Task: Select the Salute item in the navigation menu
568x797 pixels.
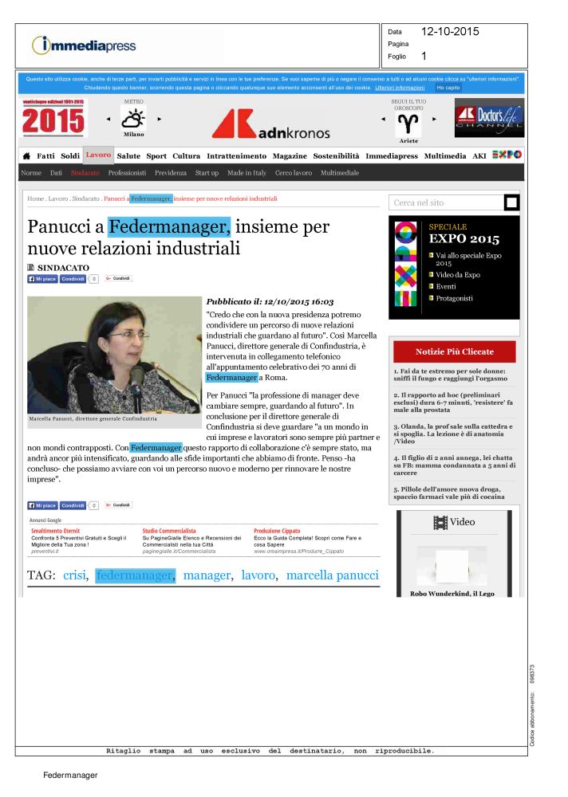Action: pyautogui.click(x=128, y=156)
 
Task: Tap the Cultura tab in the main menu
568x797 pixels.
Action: pyautogui.click(x=186, y=156)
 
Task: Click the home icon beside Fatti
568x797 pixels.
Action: pyautogui.click(x=26, y=156)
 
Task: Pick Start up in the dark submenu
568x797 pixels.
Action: pyautogui.click(x=207, y=173)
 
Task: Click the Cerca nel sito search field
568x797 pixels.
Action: pyautogui.click(x=446, y=203)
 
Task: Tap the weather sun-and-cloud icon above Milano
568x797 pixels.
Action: pyautogui.click(x=132, y=119)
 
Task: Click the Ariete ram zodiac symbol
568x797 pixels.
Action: pyautogui.click(x=408, y=123)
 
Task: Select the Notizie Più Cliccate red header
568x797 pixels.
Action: pyautogui.click(x=454, y=351)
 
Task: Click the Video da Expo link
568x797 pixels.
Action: pyautogui.click(x=458, y=275)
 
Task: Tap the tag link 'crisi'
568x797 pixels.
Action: pyautogui.click(x=74, y=575)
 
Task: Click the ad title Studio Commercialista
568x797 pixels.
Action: pyautogui.click(x=169, y=530)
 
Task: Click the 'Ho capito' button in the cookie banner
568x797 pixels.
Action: pyautogui.click(x=448, y=87)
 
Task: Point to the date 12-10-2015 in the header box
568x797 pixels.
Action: pyautogui.click(x=450, y=32)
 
